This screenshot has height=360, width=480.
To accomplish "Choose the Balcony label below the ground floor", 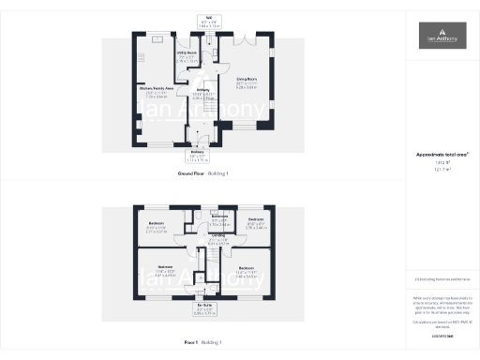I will click(198, 153).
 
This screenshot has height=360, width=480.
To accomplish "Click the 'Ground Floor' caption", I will click(203, 174).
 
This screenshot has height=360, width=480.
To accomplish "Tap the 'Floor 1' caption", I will click(203, 342).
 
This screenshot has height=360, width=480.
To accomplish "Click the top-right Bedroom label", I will click(256, 224).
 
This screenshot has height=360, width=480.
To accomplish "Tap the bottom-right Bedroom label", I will click(247, 272).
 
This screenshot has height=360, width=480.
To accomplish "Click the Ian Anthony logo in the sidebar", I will click(441, 37).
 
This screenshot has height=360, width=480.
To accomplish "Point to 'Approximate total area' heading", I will click(441, 155).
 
